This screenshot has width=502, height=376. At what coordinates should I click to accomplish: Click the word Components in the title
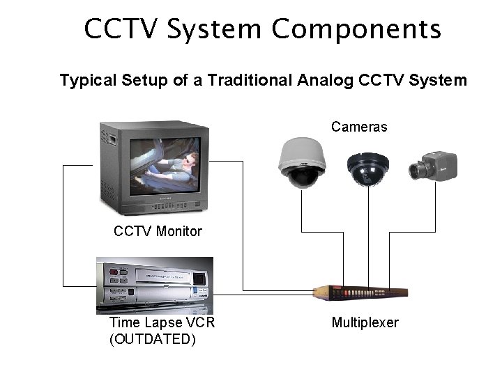click(x=356, y=30)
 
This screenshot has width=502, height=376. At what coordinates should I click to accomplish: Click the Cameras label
click(x=359, y=127)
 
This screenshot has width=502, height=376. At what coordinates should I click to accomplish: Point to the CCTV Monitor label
click(x=158, y=231)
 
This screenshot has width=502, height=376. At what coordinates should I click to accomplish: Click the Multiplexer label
click(x=365, y=322)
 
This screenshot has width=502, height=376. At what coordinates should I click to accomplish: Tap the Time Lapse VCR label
click(x=162, y=322)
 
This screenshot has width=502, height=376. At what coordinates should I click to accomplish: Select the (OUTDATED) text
click(x=153, y=339)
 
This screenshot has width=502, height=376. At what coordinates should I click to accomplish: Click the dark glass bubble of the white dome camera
click(x=302, y=177)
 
